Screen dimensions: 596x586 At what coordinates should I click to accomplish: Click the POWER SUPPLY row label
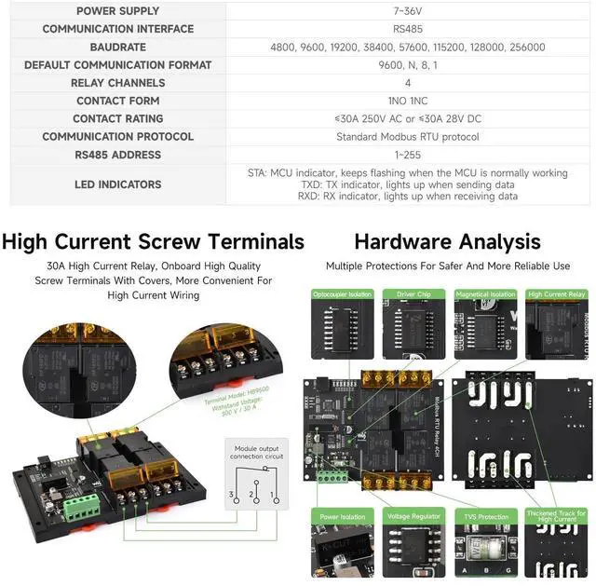[x=117, y=11]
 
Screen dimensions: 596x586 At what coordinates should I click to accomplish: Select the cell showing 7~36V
[x=408, y=11]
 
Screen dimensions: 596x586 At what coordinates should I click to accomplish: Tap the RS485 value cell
[x=408, y=29]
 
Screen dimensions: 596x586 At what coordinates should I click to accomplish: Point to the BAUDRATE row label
[x=117, y=48]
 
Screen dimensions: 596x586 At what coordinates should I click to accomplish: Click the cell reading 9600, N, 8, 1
[x=408, y=65]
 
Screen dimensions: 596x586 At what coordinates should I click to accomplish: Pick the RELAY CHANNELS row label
[x=117, y=83]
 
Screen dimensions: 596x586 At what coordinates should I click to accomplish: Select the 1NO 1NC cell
[x=408, y=101]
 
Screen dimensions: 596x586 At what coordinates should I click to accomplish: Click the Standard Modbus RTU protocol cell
[x=408, y=137]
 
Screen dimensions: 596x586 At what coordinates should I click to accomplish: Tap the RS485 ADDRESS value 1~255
[x=408, y=155]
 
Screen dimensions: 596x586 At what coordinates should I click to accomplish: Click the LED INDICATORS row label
[x=117, y=184]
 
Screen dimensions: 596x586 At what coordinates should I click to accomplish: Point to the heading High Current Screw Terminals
[x=153, y=242]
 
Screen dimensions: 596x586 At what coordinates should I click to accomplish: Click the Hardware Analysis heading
[x=447, y=242]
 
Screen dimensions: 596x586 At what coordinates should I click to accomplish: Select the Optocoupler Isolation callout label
[x=342, y=294]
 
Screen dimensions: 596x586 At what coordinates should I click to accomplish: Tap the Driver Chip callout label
[x=413, y=294]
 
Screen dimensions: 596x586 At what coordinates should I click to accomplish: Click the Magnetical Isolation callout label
[x=485, y=294]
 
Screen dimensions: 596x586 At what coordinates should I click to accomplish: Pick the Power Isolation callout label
[x=342, y=516]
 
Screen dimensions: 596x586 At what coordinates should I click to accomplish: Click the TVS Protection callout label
[x=485, y=516]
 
